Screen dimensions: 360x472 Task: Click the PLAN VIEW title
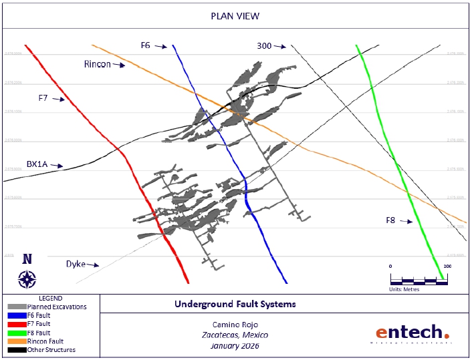[235, 15]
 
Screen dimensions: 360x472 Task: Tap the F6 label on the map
[145, 45]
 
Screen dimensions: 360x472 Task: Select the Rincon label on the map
[97, 64]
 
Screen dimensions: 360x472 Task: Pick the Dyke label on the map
[76, 264]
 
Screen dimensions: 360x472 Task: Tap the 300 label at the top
[264, 45]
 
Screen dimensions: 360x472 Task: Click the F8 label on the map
[394, 220]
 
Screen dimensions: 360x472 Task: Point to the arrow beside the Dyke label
[93, 264]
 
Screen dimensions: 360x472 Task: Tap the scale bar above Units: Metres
[419, 280]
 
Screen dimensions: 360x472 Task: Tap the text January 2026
[235, 346]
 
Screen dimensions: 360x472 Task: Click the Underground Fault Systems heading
[235, 304]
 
